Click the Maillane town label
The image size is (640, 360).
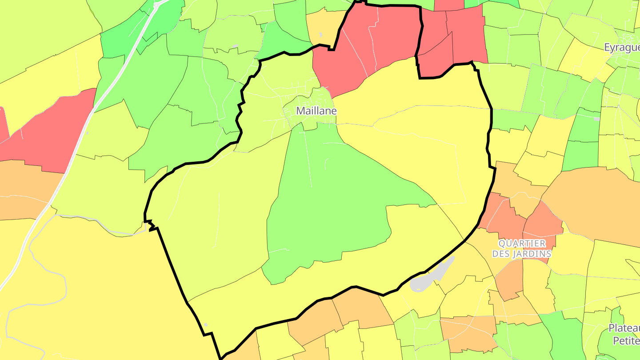316,111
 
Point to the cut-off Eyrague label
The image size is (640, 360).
622,48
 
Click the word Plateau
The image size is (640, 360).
624,328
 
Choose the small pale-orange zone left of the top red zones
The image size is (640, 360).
322,27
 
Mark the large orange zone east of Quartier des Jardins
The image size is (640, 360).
596,200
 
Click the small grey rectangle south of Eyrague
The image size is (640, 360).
596,119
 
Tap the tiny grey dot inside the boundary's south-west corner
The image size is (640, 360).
205,324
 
